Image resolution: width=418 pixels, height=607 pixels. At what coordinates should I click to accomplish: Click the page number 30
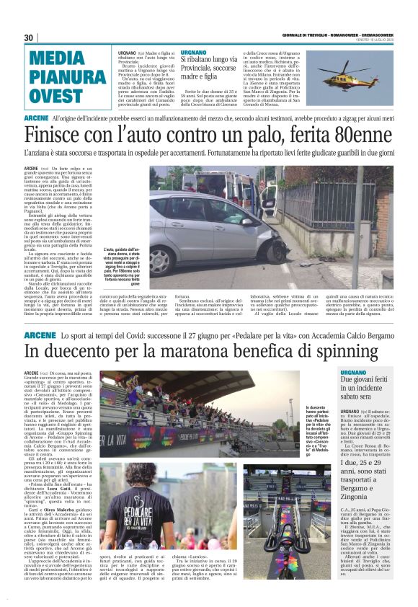[x=29, y=37]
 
